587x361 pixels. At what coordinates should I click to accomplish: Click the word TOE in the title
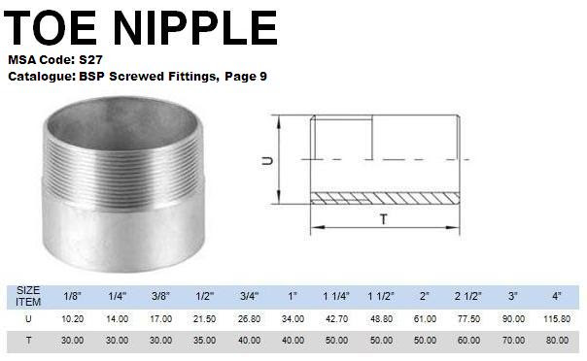tap(51, 27)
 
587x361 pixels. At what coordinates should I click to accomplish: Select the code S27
tap(90, 60)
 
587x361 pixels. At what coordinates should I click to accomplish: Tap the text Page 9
tap(246, 77)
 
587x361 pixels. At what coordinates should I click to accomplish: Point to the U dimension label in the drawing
tap(267, 161)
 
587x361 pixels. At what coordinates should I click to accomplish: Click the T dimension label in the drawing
tap(383, 219)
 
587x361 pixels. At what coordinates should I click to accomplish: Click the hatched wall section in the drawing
tap(385, 198)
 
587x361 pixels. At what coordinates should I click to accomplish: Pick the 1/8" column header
tap(72, 296)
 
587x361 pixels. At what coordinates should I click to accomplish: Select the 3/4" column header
tap(249, 296)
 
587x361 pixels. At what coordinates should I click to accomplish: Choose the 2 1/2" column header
tap(468, 296)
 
